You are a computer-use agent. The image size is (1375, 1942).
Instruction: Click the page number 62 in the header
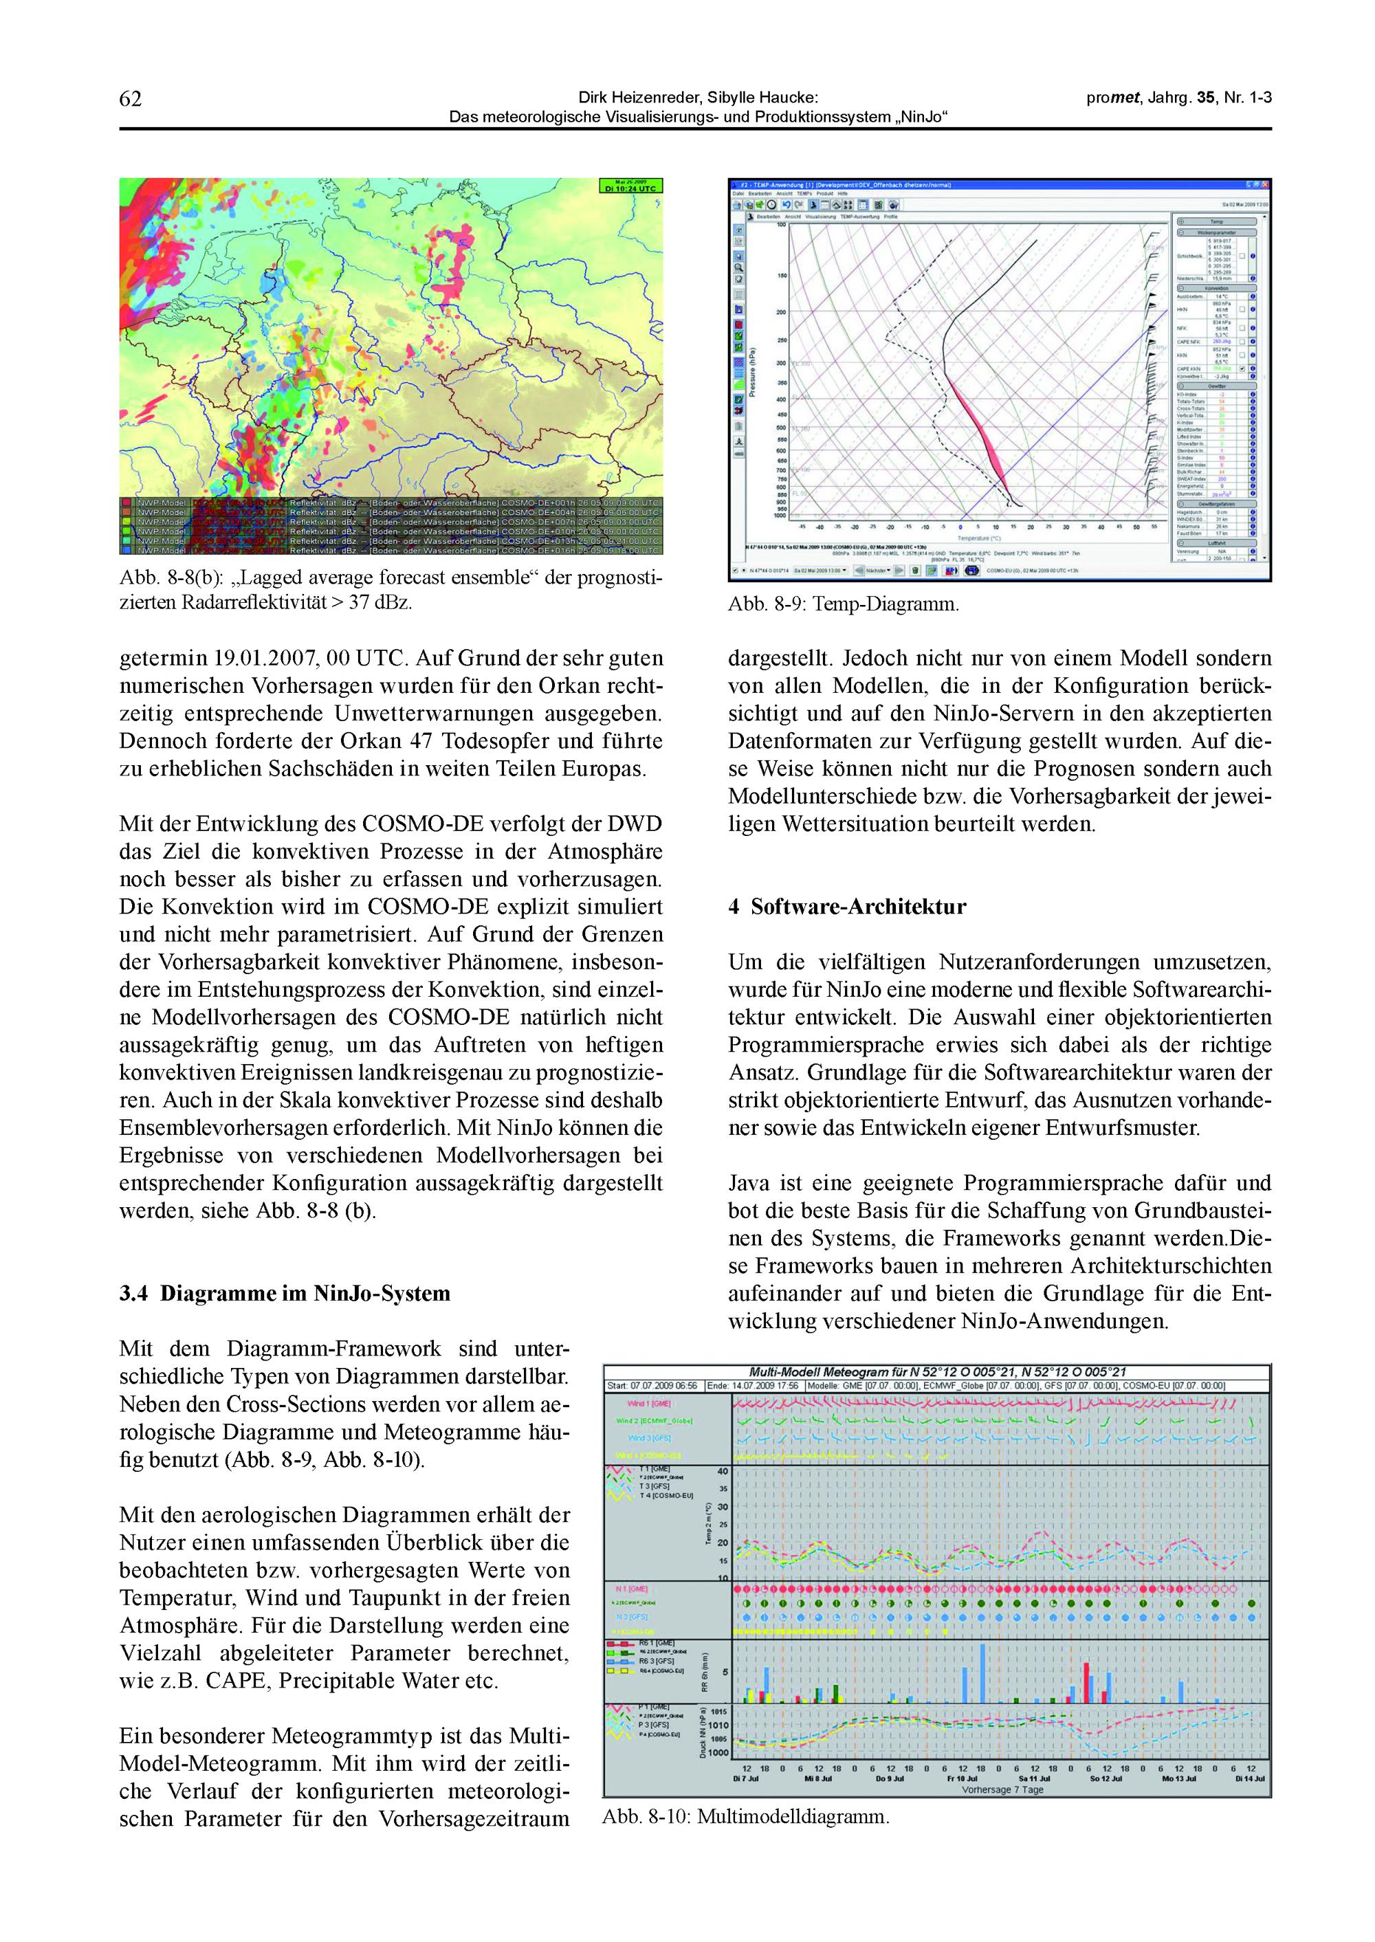point(131,99)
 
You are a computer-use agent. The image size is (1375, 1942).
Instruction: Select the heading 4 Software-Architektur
point(847,907)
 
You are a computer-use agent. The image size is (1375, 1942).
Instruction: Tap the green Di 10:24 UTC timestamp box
point(630,186)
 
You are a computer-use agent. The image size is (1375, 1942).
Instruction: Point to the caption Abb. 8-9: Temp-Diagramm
point(844,606)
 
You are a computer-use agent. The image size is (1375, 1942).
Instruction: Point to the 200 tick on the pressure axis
point(780,312)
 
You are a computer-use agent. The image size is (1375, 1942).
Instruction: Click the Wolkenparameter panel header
point(1217,231)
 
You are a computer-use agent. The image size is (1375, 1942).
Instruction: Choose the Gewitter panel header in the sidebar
point(1217,386)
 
